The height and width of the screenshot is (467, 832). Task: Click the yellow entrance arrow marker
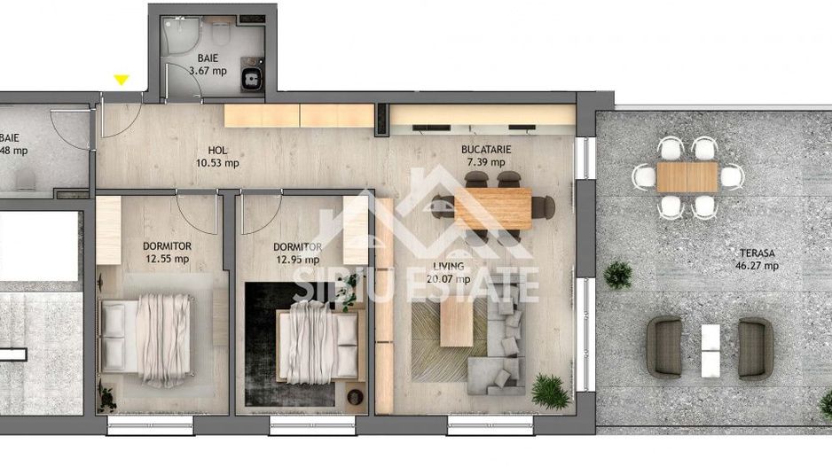tap(122, 81)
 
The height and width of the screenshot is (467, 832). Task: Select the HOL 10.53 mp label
tap(218, 157)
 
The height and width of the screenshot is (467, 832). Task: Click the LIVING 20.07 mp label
tap(448, 272)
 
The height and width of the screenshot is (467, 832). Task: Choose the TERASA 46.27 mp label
tap(756, 258)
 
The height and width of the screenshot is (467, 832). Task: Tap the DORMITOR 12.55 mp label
tap(167, 253)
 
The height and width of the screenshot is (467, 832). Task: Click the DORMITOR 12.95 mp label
tap(297, 253)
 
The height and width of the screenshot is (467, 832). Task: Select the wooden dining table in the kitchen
tap(492, 207)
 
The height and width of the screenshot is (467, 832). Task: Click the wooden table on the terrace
tap(687, 176)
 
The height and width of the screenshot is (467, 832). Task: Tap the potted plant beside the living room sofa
tap(551, 390)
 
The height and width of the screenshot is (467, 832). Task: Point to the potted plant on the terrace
tap(617, 274)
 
